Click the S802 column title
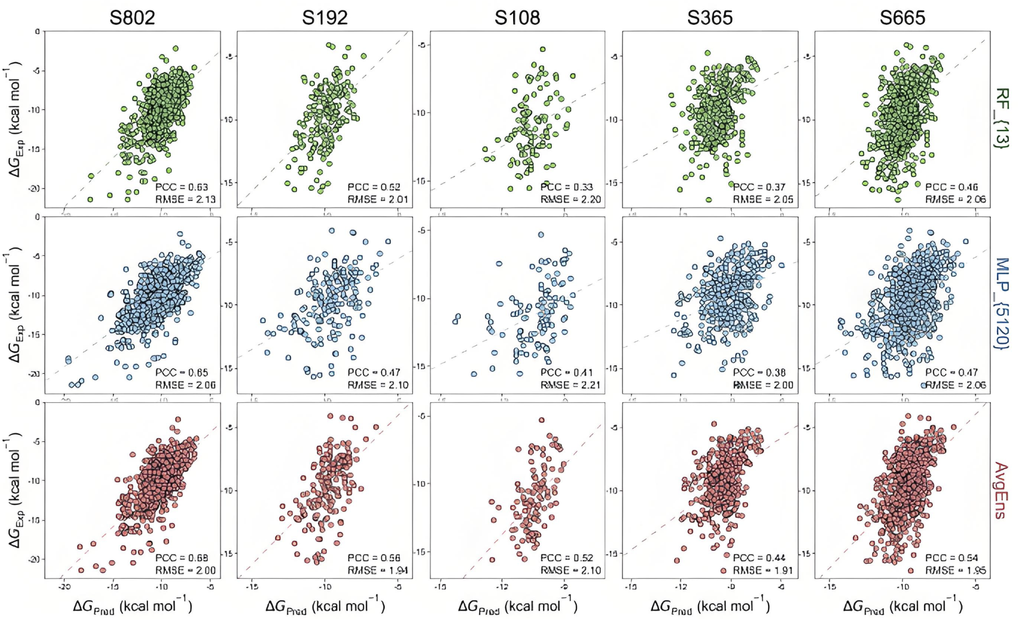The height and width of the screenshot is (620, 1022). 132,18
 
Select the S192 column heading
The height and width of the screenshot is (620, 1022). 324,18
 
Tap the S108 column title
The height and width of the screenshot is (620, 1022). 517,18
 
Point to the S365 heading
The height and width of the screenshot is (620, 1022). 709,18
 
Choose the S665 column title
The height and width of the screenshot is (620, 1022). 902,18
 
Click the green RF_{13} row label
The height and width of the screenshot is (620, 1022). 1001,118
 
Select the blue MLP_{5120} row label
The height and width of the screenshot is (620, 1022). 1001,304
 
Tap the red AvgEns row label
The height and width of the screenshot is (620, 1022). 1001,490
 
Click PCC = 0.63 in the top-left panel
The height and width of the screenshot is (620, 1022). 181,187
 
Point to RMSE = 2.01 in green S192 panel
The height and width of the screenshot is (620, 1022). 377,200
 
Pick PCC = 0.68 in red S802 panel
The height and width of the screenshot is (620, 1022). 181,558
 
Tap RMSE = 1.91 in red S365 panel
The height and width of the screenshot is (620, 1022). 763,571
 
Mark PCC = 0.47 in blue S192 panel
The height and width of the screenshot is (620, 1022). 374,373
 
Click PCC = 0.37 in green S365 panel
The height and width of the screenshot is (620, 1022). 759,187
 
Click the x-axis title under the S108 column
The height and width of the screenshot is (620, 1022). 517,605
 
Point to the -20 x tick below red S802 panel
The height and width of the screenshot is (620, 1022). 64,587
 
